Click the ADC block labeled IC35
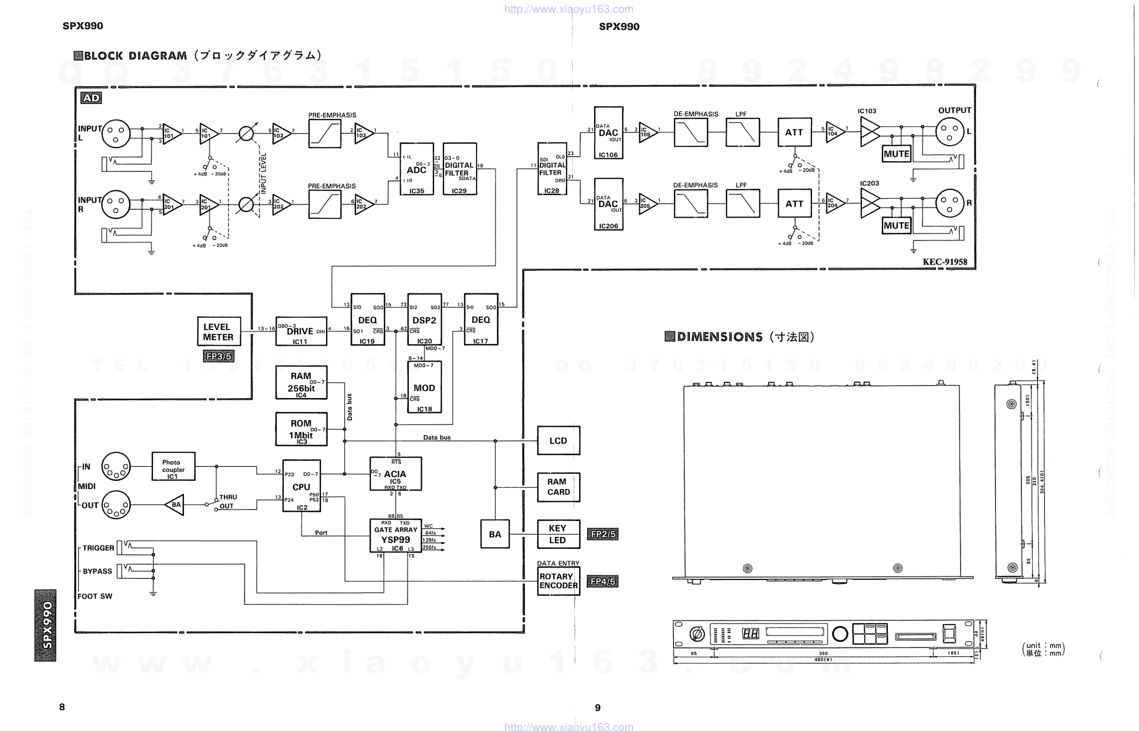416,169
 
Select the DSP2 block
424,320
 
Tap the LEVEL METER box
218,332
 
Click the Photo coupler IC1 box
173,466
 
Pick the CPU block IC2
302,486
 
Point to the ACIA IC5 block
395,474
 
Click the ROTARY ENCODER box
558,581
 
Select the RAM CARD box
558,487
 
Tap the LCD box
558,441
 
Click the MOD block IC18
424,388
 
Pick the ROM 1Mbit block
301,429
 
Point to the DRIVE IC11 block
301,331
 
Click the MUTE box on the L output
896,154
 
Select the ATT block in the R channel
794,204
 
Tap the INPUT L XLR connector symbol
116,133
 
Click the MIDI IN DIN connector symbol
116,467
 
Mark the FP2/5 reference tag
602,534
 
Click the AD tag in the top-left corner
91,98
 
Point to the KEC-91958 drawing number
945,262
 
